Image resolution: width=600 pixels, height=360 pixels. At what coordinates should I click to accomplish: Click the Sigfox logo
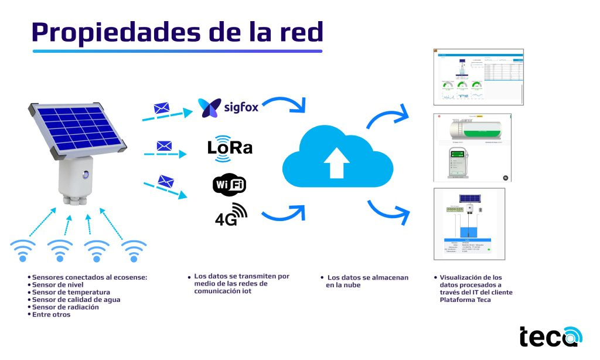pos(229,108)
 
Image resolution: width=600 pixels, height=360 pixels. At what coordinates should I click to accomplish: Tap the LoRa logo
pos(230,147)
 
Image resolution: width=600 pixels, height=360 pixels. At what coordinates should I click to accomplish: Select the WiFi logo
pos(229,185)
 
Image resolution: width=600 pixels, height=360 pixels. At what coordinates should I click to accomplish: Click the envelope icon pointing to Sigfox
pos(161,108)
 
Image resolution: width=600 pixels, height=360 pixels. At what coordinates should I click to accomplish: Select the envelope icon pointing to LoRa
pos(164,145)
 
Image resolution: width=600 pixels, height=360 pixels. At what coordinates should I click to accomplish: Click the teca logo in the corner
pos(550,336)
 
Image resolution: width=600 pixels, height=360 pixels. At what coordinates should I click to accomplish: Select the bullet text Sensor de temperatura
pos(71,292)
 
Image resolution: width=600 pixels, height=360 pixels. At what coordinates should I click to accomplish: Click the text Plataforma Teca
pos(465,300)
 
